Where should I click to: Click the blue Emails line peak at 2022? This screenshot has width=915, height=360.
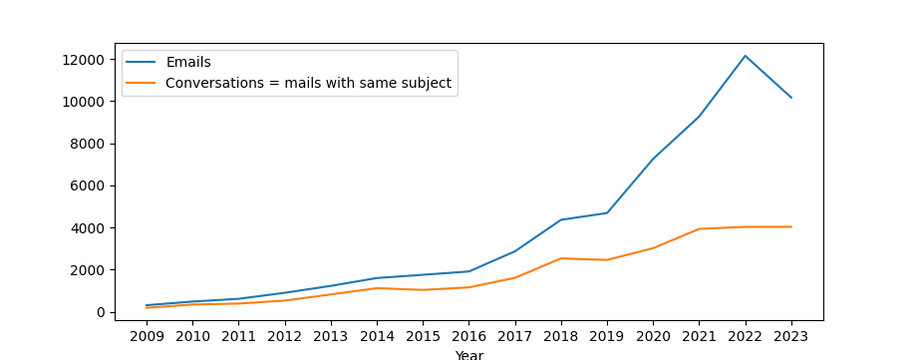pyautogui.click(x=745, y=56)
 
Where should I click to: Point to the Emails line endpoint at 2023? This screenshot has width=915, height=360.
pyautogui.click(x=791, y=98)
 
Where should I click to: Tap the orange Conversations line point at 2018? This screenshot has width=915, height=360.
pyautogui.click(x=561, y=258)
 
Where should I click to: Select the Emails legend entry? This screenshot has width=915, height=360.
pyautogui.click(x=188, y=63)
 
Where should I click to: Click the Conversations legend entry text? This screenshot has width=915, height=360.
pyautogui.click(x=308, y=84)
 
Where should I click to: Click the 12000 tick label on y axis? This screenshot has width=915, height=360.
pyautogui.click(x=84, y=60)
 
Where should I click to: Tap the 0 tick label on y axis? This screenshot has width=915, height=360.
pyautogui.click(x=100, y=312)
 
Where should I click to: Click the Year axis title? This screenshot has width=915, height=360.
pyautogui.click(x=468, y=354)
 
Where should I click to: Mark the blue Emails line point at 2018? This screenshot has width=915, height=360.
pyautogui.click(x=561, y=219)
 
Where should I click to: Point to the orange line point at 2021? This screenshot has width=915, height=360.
pyautogui.click(x=699, y=229)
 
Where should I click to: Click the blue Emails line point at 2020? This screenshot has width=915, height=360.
pyautogui.click(x=653, y=160)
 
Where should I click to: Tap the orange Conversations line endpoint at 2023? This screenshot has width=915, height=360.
pyautogui.click(x=791, y=226)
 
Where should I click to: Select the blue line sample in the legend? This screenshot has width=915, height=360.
pyautogui.click(x=142, y=63)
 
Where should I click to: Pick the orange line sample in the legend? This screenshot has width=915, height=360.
pyautogui.click(x=142, y=84)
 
